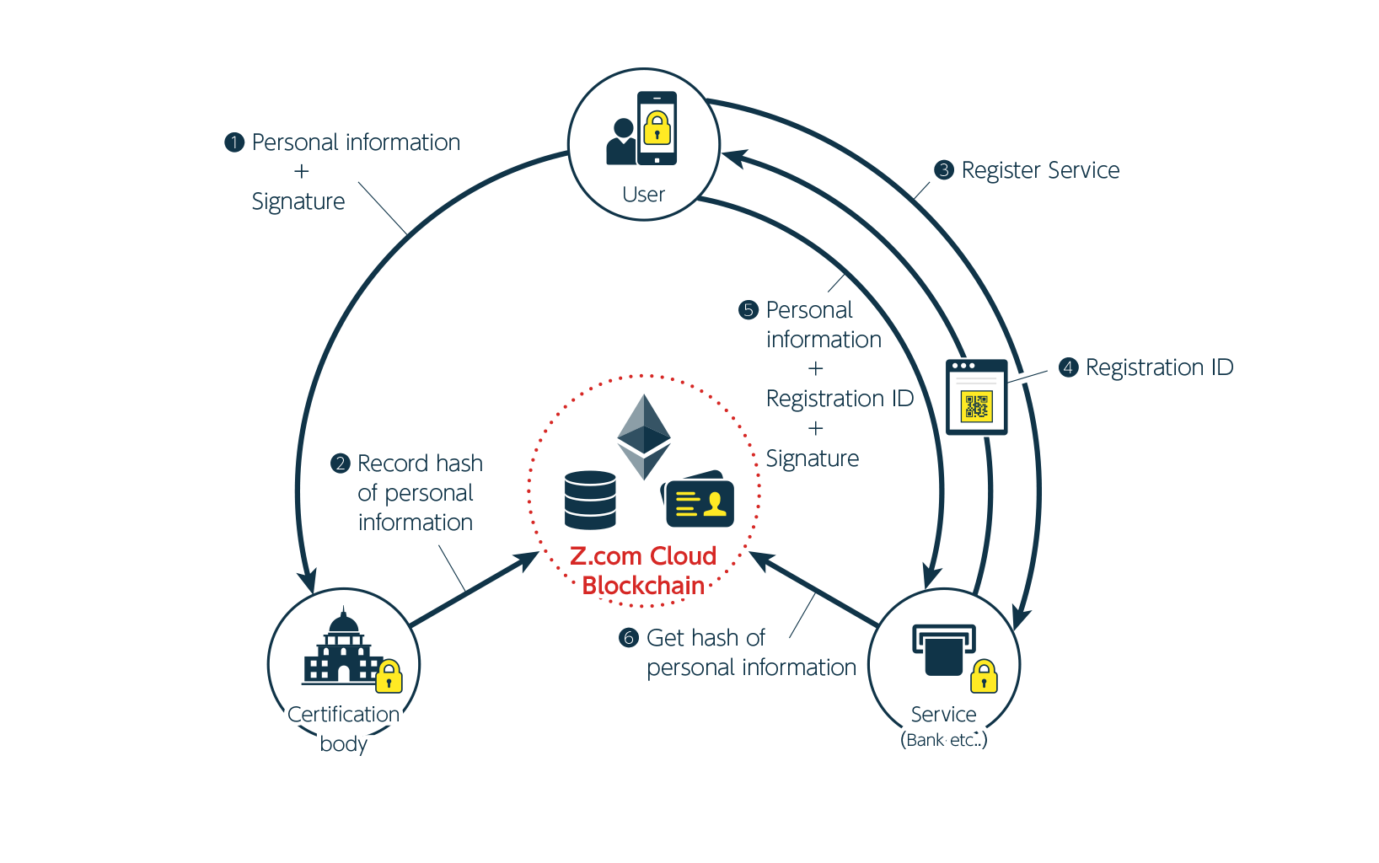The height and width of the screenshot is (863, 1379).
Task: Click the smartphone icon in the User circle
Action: coord(657,128)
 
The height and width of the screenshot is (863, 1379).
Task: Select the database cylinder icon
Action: coord(590,500)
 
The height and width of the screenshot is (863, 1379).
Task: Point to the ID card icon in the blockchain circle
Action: coord(699,501)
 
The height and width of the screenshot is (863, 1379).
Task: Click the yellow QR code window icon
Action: coord(976,397)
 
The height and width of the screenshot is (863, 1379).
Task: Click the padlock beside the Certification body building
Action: coord(389,676)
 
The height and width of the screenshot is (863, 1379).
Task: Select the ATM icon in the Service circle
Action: coord(943,650)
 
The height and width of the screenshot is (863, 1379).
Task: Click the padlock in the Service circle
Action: coord(984,677)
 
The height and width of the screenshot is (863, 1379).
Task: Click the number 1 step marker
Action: coord(234,142)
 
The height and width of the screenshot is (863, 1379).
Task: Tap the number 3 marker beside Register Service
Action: coord(944,170)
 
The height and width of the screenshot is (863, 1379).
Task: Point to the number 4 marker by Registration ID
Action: coord(1068,367)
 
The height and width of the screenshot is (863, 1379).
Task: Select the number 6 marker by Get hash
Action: coord(629,638)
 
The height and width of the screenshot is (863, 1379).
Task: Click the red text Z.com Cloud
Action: coord(643,556)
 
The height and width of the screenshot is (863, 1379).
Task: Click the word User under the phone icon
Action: coord(643,195)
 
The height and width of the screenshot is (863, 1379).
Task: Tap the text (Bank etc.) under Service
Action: coord(943,740)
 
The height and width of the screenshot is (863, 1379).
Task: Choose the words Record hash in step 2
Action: coord(420,464)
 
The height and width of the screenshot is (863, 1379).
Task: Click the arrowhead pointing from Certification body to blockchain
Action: coord(529,558)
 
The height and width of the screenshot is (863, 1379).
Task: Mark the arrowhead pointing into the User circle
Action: coord(732,158)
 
